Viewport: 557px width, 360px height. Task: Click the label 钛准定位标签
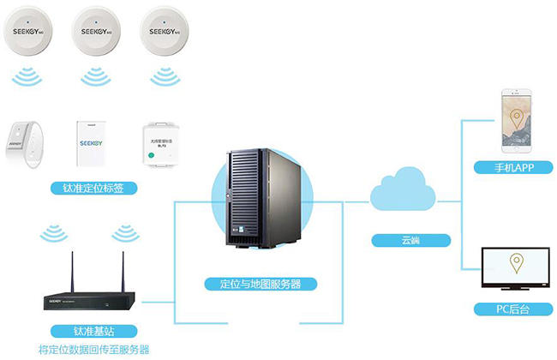(94, 187)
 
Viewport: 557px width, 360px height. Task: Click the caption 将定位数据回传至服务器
(94, 349)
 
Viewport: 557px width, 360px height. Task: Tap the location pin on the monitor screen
(516, 262)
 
